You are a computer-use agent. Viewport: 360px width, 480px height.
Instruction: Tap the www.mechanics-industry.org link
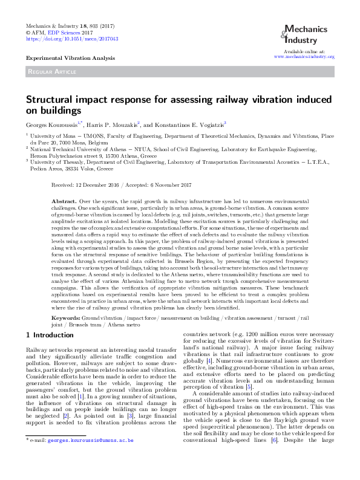[304, 57]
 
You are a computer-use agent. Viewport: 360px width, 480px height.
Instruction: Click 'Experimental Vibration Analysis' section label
[70, 57]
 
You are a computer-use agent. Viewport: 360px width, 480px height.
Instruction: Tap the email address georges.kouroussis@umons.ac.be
[90, 458]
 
